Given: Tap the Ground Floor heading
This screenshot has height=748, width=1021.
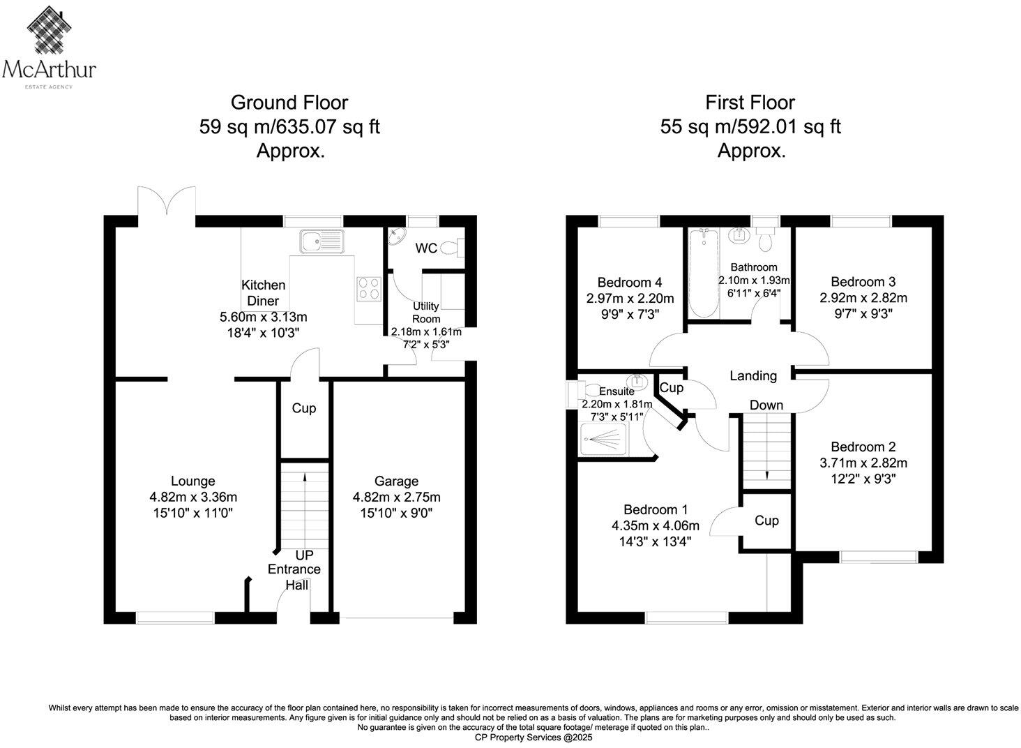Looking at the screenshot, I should click(x=289, y=103).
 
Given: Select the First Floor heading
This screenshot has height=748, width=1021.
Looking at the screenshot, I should click(x=750, y=103).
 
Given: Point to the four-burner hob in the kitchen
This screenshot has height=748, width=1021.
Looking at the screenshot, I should click(x=369, y=288).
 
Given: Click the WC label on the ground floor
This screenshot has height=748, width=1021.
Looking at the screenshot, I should click(x=426, y=248).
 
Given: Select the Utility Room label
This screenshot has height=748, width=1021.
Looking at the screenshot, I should click(x=425, y=312).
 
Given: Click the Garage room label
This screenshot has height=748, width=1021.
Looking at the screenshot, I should click(x=396, y=481).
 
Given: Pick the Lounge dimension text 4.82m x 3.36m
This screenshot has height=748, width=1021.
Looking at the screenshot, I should click(x=193, y=497).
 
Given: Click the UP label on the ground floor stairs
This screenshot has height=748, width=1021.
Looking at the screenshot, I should click(x=304, y=555).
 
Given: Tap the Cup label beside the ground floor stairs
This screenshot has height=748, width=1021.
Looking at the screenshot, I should click(x=303, y=408).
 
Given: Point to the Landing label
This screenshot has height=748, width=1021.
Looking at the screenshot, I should click(x=752, y=375).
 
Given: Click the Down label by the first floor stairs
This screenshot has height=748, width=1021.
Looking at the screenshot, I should click(x=766, y=405).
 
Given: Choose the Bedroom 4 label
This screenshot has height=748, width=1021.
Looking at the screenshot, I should click(x=629, y=283).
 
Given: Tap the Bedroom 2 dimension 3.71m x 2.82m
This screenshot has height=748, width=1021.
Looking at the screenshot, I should click(x=863, y=463).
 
